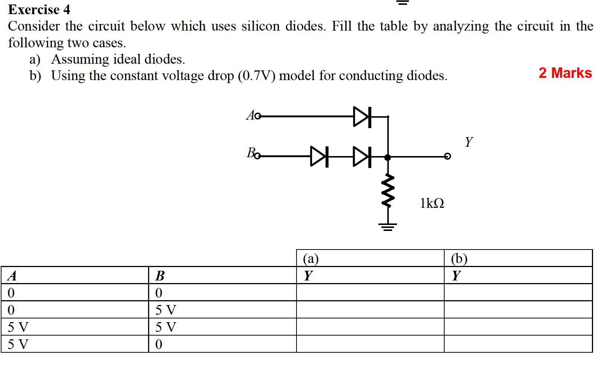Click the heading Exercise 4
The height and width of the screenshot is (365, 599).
point(39,9)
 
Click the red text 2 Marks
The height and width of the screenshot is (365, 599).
point(565,73)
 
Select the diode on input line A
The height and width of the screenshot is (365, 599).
point(362,117)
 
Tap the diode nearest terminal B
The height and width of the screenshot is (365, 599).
point(319,156)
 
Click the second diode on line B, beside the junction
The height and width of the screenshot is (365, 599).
point(362,156)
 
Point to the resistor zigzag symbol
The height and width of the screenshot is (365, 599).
point(388,190)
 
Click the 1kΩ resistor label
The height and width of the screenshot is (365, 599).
point(432,203)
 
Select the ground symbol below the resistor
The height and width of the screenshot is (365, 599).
point(388,226)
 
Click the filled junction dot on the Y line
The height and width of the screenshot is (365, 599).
point(388,157)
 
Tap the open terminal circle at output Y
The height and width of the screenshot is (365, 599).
point(448,156)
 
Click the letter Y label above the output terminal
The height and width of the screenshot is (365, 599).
point(468,142)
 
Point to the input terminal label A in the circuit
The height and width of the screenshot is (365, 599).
point(250,115)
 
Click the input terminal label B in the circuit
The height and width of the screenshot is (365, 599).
point(250,153)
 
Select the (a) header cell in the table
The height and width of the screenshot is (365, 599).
point(370,258)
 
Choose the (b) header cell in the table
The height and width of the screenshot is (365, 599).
point(518,258)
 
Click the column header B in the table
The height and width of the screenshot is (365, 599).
point(222,275)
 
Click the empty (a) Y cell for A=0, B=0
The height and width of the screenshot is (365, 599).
point(370,292)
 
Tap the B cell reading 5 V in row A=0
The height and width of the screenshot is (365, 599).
point(222,310)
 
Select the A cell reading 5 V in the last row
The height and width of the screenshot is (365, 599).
point(74,344)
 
